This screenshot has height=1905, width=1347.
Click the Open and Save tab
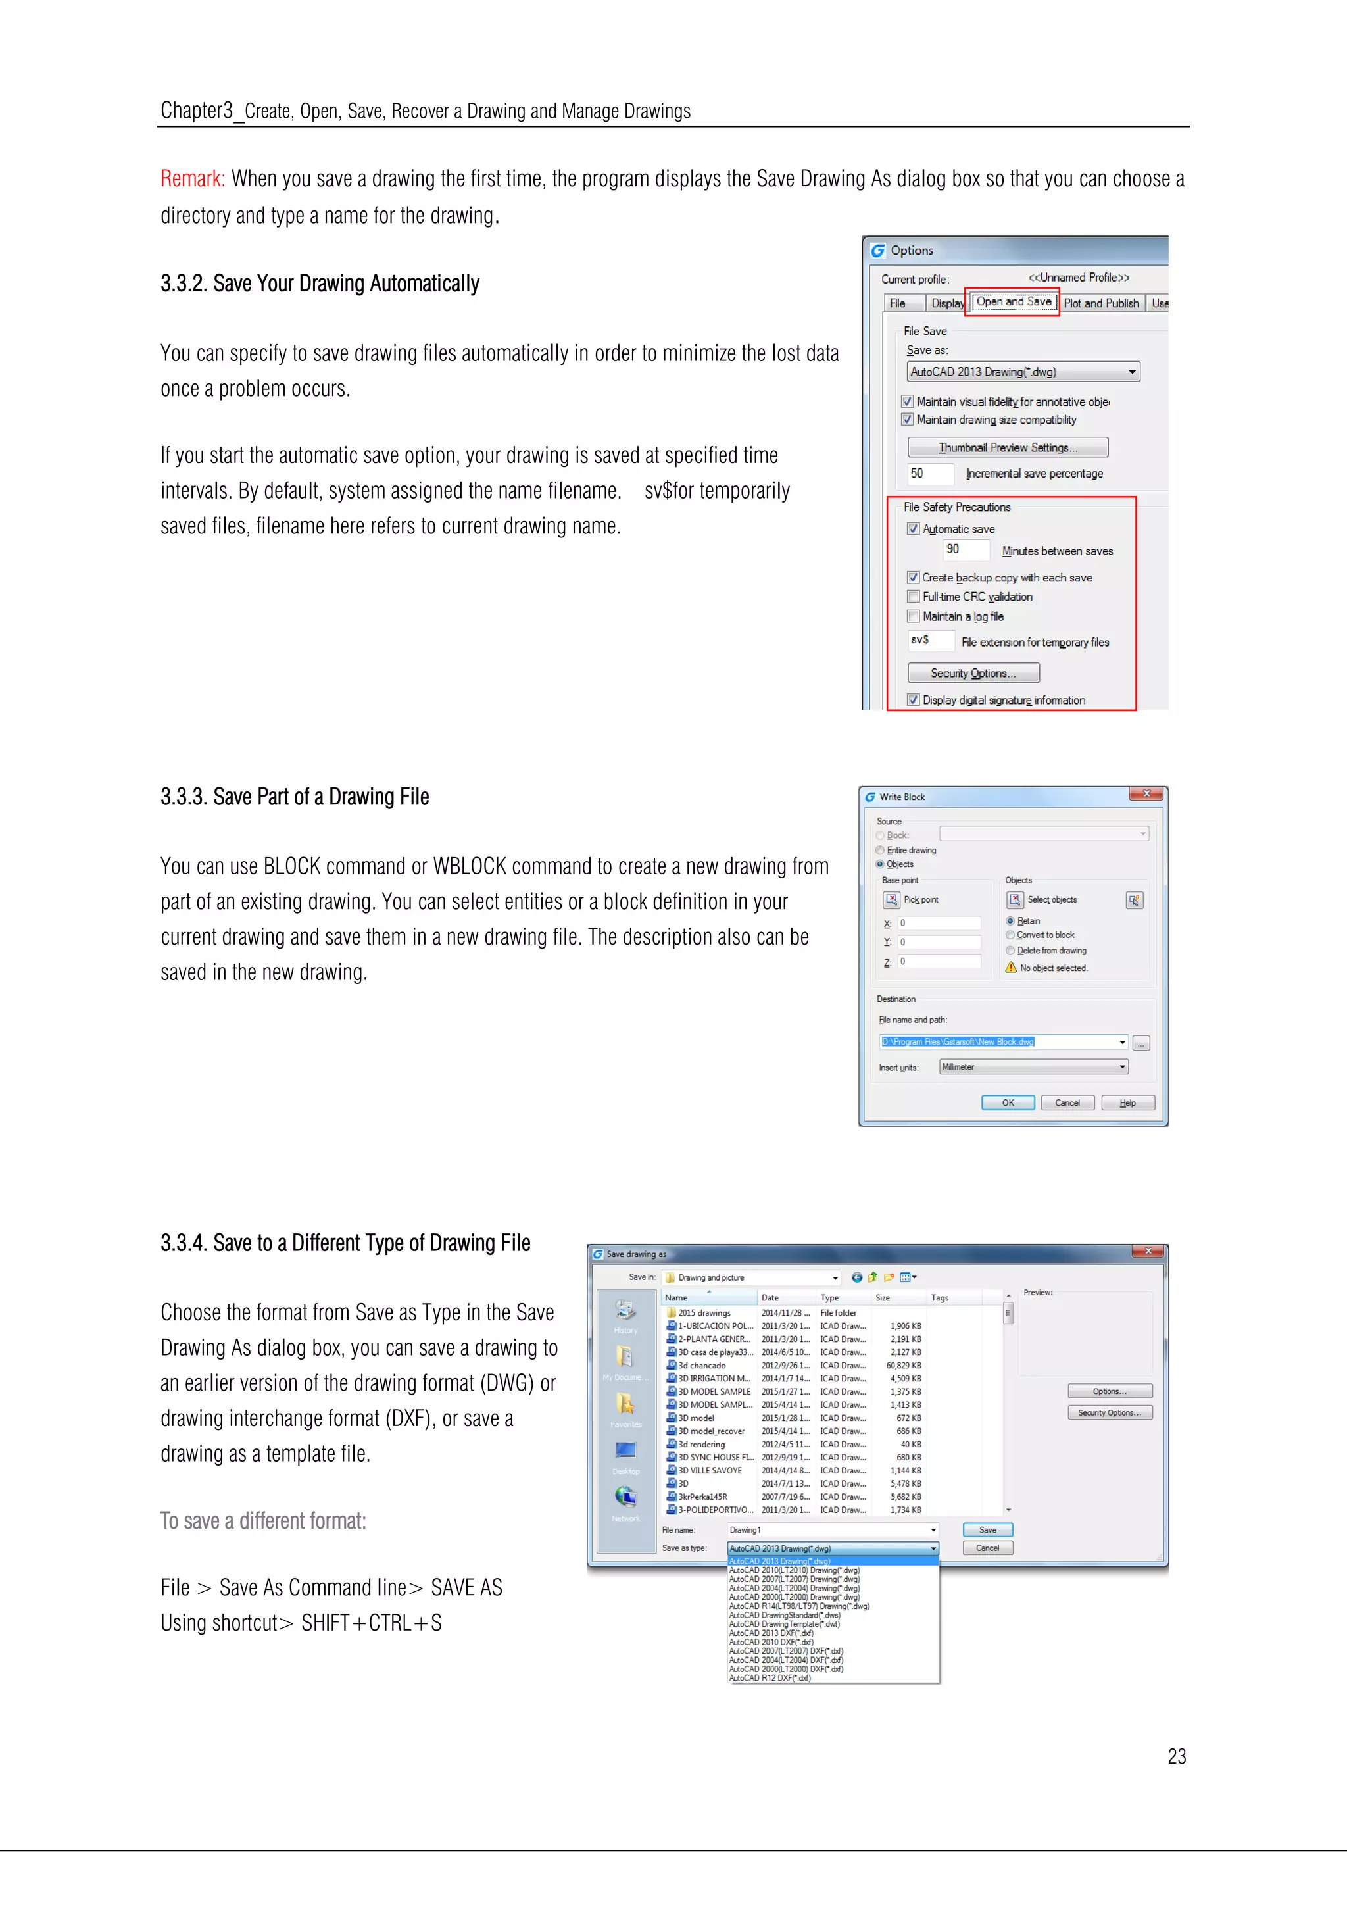(x=1014, y=302)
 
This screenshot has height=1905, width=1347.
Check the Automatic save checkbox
(x=913, y=530)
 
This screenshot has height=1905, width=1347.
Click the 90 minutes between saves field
(x=965, y=549)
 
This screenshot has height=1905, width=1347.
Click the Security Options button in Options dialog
(x=973, y=673)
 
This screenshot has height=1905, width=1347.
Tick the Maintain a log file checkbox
(x=913, y=616)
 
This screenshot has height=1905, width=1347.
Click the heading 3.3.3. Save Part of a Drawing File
(x=295, y=797)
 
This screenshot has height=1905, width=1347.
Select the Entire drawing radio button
(x=880, y=851)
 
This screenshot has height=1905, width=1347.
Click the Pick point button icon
(x=892, y=901)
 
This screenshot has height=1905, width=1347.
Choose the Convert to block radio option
(x=1010, y=935)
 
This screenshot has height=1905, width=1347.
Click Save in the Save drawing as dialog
(x=987, y=1530)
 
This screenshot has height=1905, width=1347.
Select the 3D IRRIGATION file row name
(x=714, y=1379)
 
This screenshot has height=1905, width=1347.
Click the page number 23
(x=1176, y=1756)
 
